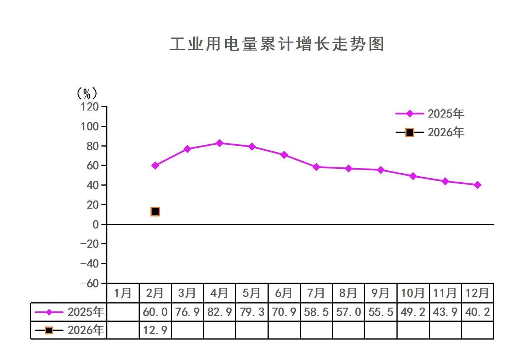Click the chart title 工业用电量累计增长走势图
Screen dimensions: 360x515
coord(277,44)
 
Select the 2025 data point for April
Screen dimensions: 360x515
coord(220,143)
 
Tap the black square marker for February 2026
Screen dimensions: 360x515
coord(155,212)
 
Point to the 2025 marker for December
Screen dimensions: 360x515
coord(477,185)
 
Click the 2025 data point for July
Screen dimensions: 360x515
coord(316,167)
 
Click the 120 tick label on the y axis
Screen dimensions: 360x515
coord(90,107)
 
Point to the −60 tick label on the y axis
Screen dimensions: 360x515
coord(90,283)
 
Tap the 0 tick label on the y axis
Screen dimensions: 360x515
coord(95,224)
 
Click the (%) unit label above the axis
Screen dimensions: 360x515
coord(87,93)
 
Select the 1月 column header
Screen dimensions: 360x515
coord(123,293)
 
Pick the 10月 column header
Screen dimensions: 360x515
coord(413,293)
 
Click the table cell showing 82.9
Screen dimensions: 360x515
coord(220,312)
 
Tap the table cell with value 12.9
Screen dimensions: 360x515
coord(155,330)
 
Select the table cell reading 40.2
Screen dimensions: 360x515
coord(477,312)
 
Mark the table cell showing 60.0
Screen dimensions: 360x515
coord(155,312)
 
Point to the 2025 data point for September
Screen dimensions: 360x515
coord(381,170)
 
